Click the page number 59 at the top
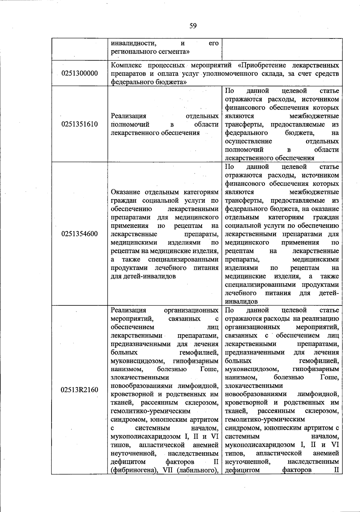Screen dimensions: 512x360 pos(193,26)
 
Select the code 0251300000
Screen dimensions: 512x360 pos(79,73)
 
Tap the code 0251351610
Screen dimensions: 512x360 pos(79,124)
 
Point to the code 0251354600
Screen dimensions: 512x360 pos(79,234)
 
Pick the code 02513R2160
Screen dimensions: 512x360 pos(79,390)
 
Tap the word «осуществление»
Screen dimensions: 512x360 pos(248,141)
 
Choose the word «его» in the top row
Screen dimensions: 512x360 pos(213,43)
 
